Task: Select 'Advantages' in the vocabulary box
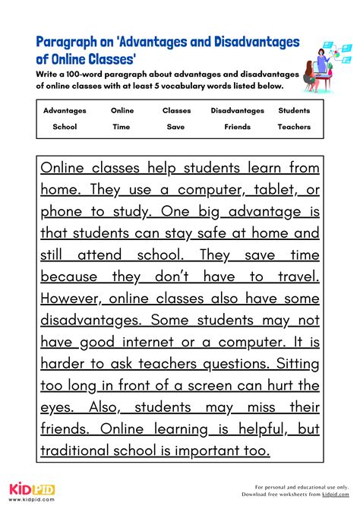(65, 110)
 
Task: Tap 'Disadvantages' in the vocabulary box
(237, 110)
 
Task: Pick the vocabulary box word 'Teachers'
(294, 127)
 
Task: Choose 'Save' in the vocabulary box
(175, 127)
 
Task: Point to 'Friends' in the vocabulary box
(237, 127)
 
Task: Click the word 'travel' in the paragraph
(297, 277)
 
